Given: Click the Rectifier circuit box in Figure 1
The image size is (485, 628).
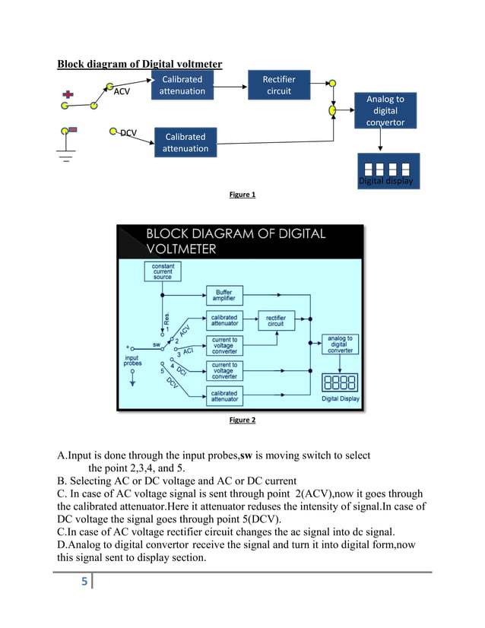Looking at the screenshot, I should coord(279,85).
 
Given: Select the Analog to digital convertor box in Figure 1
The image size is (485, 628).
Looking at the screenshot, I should coord(385,111).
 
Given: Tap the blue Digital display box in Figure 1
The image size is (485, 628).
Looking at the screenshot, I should coord(388,172).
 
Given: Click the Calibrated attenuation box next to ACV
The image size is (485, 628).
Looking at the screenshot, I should coord(182,85).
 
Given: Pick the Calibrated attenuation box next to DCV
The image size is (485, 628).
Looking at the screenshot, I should coord(185,142).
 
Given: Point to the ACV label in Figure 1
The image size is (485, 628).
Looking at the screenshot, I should coord(122,92).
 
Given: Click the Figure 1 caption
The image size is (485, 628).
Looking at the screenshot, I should coord(242,195).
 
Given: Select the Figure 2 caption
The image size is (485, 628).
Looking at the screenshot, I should coord(242,420).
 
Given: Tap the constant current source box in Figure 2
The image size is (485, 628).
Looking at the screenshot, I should coord(163,271).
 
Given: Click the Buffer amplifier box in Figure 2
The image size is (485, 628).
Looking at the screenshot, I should coord(224,296).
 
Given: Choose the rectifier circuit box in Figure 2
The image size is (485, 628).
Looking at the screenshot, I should coord(275,320).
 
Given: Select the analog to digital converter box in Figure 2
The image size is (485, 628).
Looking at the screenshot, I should coord(340,344).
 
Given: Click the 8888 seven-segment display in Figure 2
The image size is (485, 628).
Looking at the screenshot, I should coord(340,382).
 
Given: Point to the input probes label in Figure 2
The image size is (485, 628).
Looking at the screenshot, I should coord(132,360).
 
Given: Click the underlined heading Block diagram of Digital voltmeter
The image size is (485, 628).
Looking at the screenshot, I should coord(140,64).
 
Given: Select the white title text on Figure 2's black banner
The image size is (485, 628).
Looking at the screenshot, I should coord(236,241).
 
